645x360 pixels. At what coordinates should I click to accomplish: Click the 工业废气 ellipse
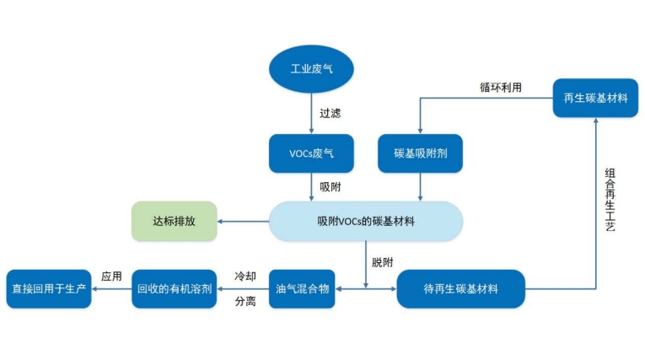click(311, 68)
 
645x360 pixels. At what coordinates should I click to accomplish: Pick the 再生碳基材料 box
click(595, 98)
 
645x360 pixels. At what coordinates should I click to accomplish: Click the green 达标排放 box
click(174, 222)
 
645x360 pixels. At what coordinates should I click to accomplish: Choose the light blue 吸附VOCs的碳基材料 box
click(366, 222)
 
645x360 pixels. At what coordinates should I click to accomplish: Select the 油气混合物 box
click(302, 289)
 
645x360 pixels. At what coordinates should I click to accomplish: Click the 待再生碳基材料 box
click(460, 289)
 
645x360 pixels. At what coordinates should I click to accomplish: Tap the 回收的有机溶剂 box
click(175, 289)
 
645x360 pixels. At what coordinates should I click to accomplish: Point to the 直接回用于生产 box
click(48, 289)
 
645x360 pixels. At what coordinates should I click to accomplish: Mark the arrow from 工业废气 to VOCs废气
click(311, 112)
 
